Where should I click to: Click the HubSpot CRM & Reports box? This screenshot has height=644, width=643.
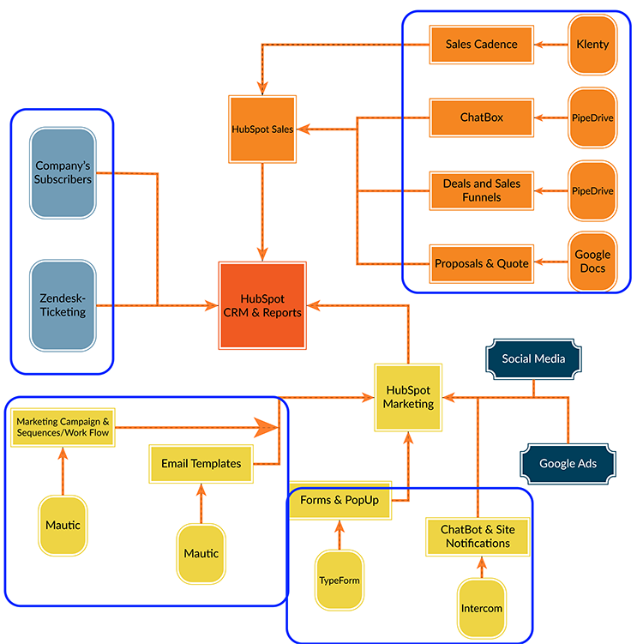point(262,305)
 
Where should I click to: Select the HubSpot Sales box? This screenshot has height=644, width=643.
point(262,129)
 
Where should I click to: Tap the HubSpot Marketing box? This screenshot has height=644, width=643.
point(408,398)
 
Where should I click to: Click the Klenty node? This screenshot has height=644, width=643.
point(592,45)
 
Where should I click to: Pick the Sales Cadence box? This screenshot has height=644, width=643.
point(482,45)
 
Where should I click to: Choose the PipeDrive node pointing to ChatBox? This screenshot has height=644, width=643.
point(592,117)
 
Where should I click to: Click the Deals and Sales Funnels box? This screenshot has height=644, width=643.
point(482,191)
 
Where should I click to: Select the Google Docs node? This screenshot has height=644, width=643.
point(592,262)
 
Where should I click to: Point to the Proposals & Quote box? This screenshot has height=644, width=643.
point(482,264)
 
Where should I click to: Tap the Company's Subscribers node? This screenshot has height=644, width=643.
point(63,173)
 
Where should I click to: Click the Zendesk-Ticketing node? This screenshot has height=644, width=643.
point(63,305)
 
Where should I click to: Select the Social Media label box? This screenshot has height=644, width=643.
point(533,359)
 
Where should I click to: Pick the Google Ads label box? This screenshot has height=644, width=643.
point(568,464)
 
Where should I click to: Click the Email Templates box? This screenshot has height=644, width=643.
point(201,464)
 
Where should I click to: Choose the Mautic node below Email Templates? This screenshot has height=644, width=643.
point(201,554)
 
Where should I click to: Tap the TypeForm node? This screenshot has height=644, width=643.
point(340,581)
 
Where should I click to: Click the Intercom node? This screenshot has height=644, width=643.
point(482,608)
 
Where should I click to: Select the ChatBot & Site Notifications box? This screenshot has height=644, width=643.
point(478,537)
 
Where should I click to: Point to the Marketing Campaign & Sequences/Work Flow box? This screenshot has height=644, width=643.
point(63,428)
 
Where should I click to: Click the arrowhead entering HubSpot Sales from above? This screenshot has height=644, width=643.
point(262,88)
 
